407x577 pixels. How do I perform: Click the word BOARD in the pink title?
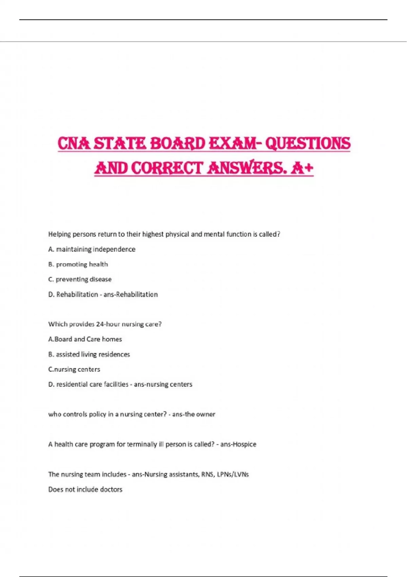(177, 143)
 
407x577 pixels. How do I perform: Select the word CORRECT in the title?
(167, 168)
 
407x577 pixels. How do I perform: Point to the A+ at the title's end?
(302, 168)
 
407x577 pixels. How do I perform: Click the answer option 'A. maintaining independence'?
(92, 249)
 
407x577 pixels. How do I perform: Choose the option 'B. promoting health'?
(78, 264)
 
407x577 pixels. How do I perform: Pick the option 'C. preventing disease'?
(80, 279)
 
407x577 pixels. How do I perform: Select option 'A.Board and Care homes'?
(85, 339)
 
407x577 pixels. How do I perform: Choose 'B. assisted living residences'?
(89, 354)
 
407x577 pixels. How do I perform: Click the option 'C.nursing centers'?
(74, 369)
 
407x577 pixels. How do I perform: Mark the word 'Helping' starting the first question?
(59, 234)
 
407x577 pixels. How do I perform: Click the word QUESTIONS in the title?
(308, 143)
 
